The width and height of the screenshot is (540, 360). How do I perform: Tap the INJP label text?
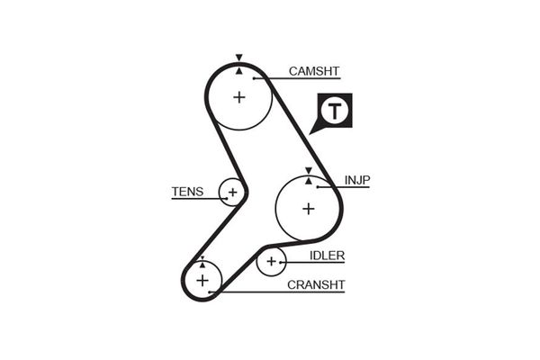(x=356, y=180)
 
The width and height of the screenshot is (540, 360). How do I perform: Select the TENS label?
(x=187, y=192)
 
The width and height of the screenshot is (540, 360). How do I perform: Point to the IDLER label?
(x=327, y=256)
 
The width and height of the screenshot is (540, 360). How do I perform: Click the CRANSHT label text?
(x=316, y=285)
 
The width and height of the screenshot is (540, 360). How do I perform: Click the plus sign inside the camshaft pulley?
(x=238, y=96)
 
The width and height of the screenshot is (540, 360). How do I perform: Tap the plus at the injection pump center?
(x=308, y=208)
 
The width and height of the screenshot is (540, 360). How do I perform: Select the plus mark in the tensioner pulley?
(x=232, y=192)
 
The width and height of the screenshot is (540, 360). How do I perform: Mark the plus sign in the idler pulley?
(x=271, y=262)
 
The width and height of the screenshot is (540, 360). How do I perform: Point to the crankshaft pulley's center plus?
(x=202, y=281)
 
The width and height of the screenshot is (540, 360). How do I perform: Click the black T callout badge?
(x=334, y=112)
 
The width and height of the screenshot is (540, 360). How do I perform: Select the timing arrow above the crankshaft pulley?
(x=202, y=261)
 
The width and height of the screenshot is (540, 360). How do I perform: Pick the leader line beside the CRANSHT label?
(x=279, y=292)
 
